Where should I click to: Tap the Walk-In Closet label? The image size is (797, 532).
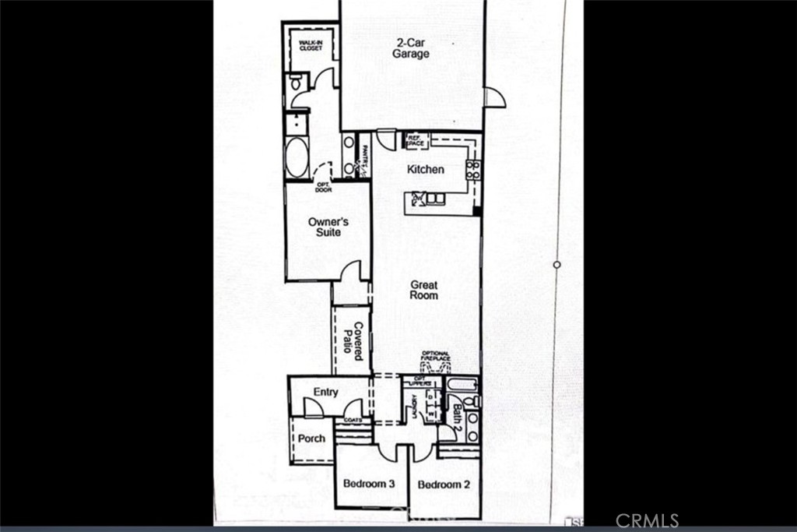click(x=311, y=44)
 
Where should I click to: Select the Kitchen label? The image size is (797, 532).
click(x=426, y=169)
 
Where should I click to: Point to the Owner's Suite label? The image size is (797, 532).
click(x=328, y=227)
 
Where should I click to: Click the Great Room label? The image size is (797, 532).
click(x=424, y=290)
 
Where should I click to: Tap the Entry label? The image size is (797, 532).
click(x=325, y=392)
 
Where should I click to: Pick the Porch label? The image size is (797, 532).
click(x=311, y=439)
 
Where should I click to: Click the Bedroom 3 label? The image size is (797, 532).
click(x=370, y=484)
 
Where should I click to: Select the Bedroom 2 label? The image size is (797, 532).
click(x=444, y=484)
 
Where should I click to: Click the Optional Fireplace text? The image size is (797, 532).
click(x=436, y=357)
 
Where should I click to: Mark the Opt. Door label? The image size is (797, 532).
click(x=323, y=187)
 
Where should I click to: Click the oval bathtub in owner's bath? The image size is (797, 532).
click(x=297, y=158)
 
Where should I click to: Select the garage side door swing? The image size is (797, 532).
click(x=493, y=97)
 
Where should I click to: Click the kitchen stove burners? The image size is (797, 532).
click(x=472, y=170)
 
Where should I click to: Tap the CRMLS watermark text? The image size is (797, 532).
click(x=647, y=520)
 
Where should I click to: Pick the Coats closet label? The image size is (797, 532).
click(x=353, y=420)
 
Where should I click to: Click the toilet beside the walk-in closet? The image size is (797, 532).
click(x=295, y=82)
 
